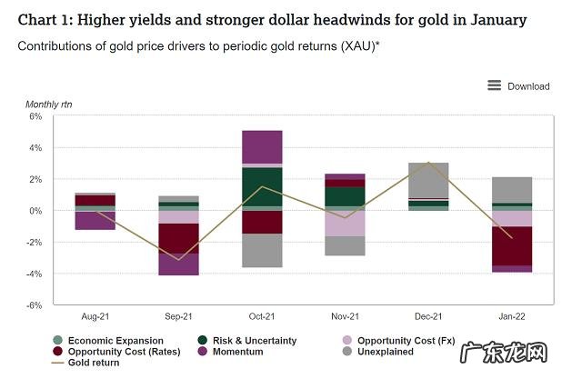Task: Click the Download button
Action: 528,86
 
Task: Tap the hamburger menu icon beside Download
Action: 495,85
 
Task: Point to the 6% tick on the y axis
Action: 36,116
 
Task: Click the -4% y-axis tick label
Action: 35,274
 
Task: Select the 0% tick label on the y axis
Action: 36,211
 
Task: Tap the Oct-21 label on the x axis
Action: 262,316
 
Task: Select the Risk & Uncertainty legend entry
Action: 246,341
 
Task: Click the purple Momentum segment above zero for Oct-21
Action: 262,147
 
